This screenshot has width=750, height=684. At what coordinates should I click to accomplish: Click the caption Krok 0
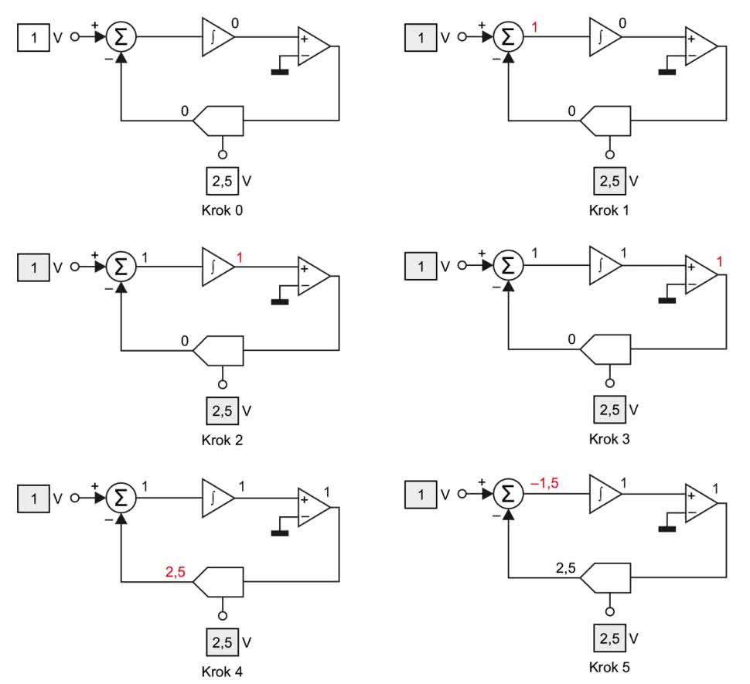223,209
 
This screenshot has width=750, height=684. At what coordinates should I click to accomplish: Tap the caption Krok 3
610,439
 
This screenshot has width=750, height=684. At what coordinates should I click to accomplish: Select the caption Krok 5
610,666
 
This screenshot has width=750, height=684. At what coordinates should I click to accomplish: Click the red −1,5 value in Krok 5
544,484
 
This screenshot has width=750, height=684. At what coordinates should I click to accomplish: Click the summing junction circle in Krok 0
121,37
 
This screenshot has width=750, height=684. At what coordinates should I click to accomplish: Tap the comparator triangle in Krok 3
700,275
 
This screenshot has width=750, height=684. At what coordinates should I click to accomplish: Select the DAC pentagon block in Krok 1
607,121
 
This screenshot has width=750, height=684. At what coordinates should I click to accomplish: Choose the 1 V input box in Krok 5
421,495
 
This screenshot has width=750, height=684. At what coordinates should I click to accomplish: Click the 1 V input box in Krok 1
421,37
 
